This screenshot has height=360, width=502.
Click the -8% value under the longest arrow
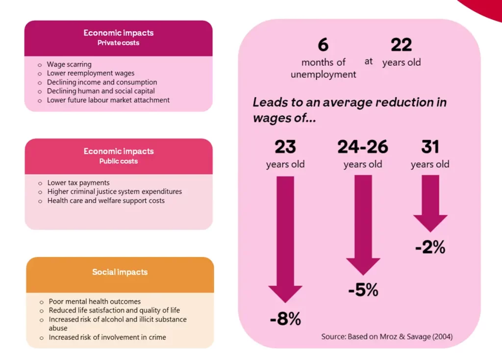pyautogui.click(x=285, y=319)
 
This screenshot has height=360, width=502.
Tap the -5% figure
pyautogui.click(x=363, y=290)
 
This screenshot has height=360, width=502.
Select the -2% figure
pyautogui.click(x=430, y=247)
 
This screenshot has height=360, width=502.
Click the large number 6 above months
pyautogui.click(x=323, y=45)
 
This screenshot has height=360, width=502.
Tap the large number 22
pyautogui.click(x=401, y=45)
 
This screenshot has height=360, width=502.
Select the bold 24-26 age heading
pyautogui.click(x=363, y=147)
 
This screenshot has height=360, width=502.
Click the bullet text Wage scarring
pyautogui.click(x=69, y=64)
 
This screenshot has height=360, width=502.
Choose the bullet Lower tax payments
pyautogui.click(x=78, y=183)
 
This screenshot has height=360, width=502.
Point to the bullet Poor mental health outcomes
pyautogui.click(x=95, y=302)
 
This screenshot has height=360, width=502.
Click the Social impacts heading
pyautogui.click(x=120, y=272)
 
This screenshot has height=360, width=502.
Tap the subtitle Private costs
pyautogui.click(x=118, y=43)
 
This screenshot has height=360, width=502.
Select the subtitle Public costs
pyautogui.click(x=119, y=161)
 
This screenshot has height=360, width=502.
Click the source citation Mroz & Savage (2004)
pyautogui.click(x=387, y=336)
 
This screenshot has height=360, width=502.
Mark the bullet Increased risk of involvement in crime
pyautogui.click(x=107, y=337)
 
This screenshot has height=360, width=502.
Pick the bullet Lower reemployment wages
pyautogui.click(x=91, y=73)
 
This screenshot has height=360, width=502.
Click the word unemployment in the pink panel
pyautogui.click(x=324, y=75)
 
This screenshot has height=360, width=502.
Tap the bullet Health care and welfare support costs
pyautogui.click(x=106, y=201)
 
